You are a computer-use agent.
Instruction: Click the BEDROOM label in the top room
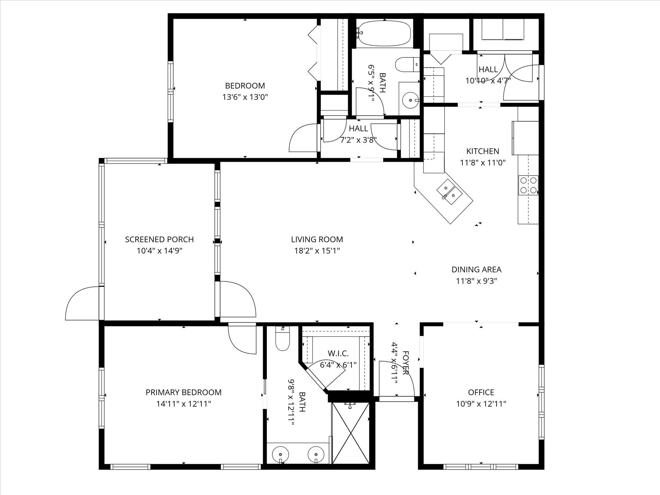click(x=245, y=86)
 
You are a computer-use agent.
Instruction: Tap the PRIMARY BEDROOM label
click(x=183, y=392)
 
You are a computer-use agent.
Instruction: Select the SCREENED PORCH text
click(x=159, y=239)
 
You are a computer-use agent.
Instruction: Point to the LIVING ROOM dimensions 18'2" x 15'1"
click(x=317, y=251)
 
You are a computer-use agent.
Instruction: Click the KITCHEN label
click(x=483, y=151)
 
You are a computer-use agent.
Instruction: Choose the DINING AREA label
click(x=477, y=270)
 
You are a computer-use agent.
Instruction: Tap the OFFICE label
click(x=481, y=392)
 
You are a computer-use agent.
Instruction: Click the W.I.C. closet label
click(x=338, y=354)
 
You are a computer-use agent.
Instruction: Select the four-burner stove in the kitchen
click(x=528, y=185)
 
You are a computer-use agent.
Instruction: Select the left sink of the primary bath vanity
click(x=280, y=455)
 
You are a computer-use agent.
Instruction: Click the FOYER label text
click(x=406, y=363)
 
